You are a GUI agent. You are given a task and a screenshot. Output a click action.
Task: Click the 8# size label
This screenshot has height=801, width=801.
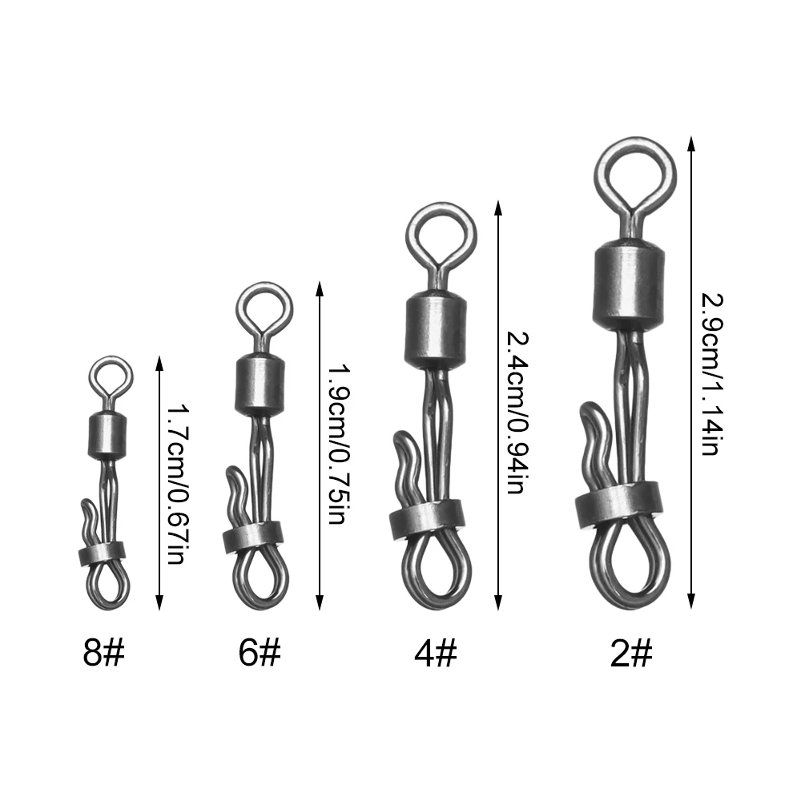tap(103, 652)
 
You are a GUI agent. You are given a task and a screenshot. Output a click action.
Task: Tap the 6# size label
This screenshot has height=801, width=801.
tap(260, 652)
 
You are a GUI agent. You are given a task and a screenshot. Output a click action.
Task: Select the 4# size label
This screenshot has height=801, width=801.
tap(435, 652)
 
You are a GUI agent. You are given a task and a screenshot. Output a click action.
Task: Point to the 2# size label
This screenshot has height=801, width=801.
tap(631, 652)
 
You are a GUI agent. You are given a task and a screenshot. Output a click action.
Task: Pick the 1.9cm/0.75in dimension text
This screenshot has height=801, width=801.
tap(337, 444)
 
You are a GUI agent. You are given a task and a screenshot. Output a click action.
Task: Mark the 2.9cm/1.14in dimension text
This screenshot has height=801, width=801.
tap(710, 374)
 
